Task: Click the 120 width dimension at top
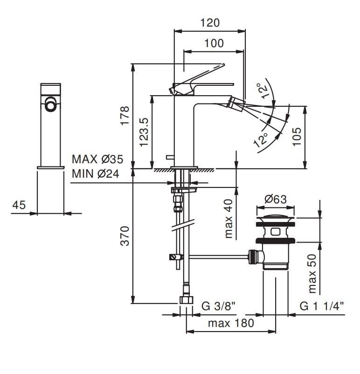pos(210,22)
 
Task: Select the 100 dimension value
pos(214,43)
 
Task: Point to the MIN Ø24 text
pos(95,174)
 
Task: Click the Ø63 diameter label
pos(276,199)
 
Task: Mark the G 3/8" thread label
pos(218,306)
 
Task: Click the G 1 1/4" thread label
pos(322,306)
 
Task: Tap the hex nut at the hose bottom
pos(186,300)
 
